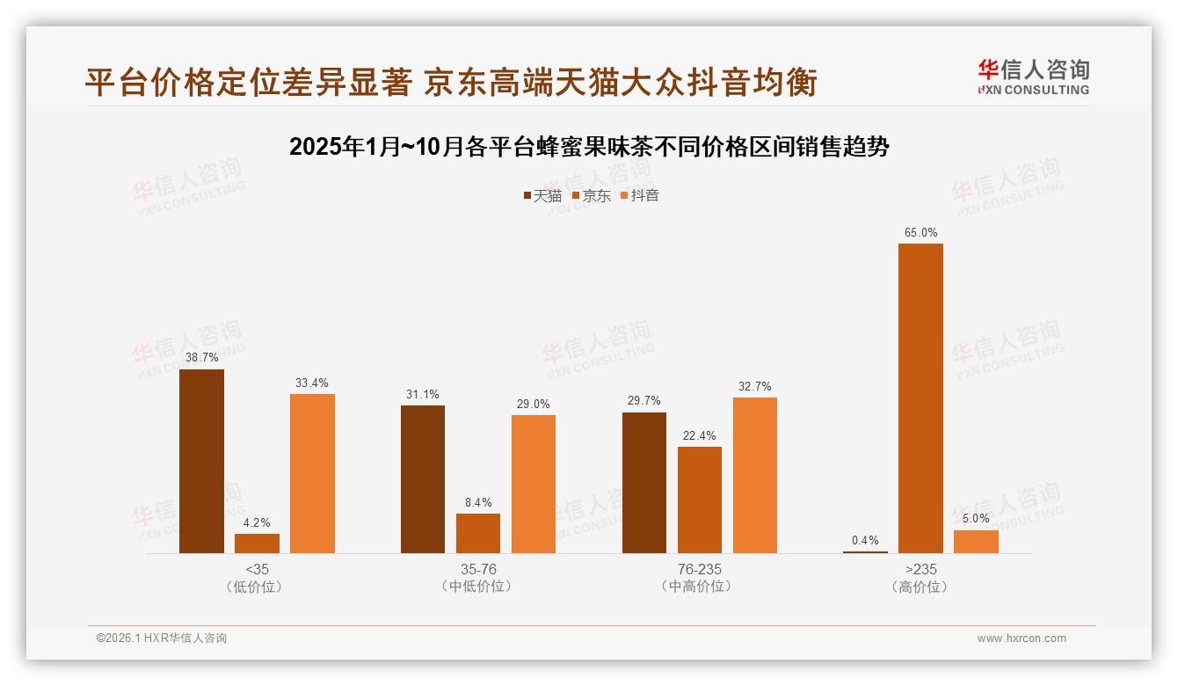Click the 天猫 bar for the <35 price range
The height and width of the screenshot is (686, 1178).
[201, 461]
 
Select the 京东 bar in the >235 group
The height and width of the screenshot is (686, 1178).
[920, 398]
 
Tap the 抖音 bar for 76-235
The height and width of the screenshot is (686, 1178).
[755, 475]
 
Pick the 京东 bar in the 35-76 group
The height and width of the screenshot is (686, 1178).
[478, 533]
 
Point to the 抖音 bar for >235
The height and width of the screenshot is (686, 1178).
[976, 542]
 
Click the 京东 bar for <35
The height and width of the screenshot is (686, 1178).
[257, 544]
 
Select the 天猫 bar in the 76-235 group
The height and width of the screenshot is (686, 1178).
[644, 482]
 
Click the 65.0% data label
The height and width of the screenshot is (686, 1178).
[920, 233]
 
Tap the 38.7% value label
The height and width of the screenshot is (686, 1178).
[201, 358]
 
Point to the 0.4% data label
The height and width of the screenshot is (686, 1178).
[865, 541]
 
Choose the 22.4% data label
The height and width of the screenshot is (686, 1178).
[700, 435]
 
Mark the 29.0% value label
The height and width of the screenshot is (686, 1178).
[534, 404]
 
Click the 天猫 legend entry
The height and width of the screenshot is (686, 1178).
[542, 195]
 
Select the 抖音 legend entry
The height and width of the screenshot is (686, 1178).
[640, 195]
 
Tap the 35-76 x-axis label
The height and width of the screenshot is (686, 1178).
[478, 569]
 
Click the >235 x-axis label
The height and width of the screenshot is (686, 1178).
[920, 569]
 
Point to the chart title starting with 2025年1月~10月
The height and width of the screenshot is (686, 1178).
[589, 147]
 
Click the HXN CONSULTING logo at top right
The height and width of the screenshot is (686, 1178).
[1033, 77]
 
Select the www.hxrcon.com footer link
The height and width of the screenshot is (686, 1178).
[1022, 639]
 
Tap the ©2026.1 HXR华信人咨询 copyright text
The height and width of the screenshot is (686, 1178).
[162, 639]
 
